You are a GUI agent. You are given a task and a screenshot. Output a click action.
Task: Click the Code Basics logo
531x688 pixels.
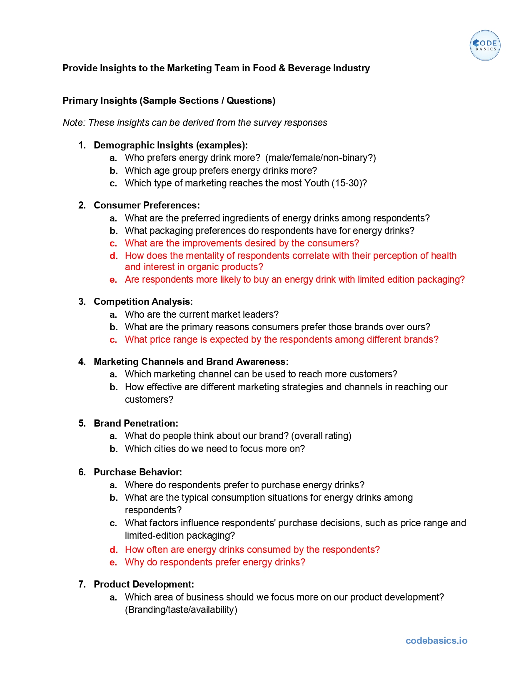coord(485,45)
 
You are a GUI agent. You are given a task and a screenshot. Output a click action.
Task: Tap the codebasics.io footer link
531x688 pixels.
coord(436,640)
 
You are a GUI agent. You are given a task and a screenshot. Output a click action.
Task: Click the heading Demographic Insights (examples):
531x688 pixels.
coord(170,145)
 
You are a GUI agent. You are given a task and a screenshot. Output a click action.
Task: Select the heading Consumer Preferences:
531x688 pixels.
coord(147,205)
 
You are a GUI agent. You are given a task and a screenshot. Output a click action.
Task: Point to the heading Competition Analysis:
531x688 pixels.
coord(143,301)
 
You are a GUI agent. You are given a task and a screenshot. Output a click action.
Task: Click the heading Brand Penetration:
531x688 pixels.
coord(136,423)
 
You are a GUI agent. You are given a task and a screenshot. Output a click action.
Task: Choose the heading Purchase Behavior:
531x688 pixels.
coord(137,472)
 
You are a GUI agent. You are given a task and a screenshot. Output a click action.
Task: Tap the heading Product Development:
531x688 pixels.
coord(144,584)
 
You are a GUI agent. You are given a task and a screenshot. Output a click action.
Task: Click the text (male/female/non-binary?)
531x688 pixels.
coord(320,158)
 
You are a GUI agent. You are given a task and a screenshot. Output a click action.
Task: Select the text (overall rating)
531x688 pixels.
coord(321,436)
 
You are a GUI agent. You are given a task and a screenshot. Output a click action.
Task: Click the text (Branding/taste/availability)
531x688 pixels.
coord(181,610)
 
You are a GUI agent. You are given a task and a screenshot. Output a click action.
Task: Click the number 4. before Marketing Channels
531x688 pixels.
coord(82,362)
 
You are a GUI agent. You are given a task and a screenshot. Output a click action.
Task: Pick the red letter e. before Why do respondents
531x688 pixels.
coord(113,562)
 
